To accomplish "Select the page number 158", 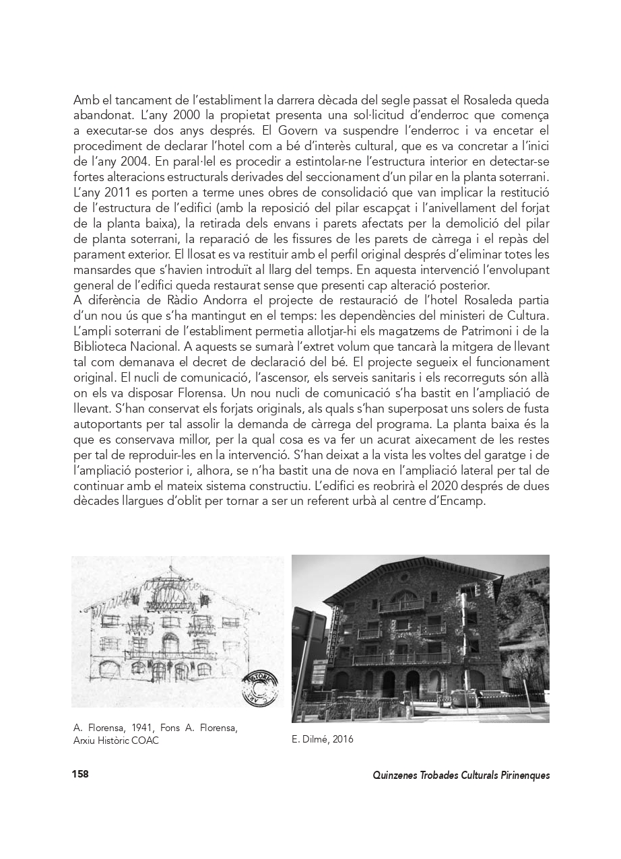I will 80,774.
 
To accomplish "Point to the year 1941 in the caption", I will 145,728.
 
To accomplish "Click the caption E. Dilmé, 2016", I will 322,739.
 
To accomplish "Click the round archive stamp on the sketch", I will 259,687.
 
